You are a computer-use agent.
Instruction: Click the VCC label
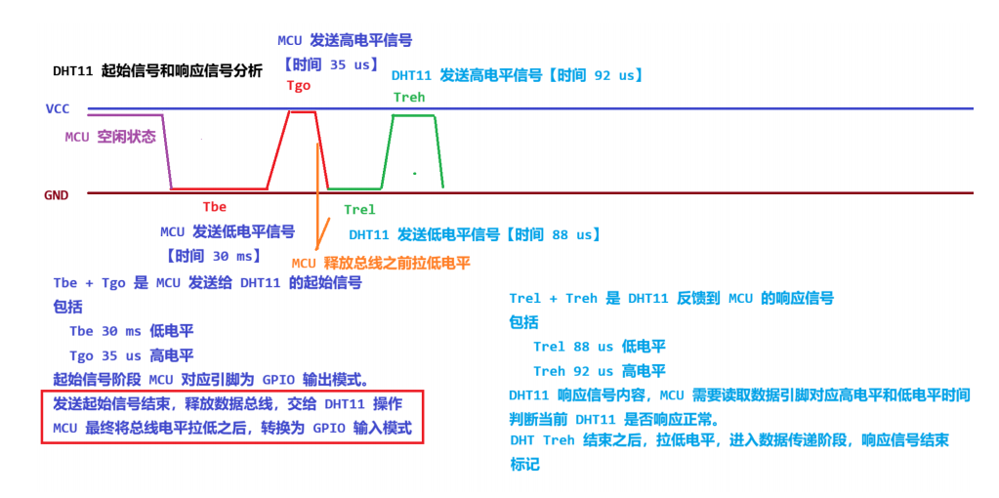tap(57, 108)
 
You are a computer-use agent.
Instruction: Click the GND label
tap(56, 194)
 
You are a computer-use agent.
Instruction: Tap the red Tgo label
tap(298, 85)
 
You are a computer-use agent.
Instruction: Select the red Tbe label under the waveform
tap(214, 206)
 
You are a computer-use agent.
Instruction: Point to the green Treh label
tap(409, 97)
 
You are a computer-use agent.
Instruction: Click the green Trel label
tap(359, 209)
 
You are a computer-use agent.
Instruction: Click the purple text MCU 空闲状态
tap(110, 137)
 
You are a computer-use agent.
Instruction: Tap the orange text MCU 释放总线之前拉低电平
tap(381, 263)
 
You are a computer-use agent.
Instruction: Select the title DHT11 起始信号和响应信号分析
tap(157, 71)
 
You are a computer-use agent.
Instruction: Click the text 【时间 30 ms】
tap(214, 256)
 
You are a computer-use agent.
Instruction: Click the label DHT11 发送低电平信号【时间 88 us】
tap(475, 234)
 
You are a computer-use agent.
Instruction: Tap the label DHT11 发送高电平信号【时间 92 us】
tap(517, 75)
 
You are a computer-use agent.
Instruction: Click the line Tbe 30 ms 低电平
tap(131, 331)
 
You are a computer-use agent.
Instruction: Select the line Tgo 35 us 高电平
tap(131, 355)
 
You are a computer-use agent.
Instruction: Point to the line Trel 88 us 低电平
tap(600, 347)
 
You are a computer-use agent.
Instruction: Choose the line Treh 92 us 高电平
tap(600, 371)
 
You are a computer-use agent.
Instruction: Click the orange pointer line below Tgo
tap(316, 195)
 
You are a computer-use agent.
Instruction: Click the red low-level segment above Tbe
tap(219, 188)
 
